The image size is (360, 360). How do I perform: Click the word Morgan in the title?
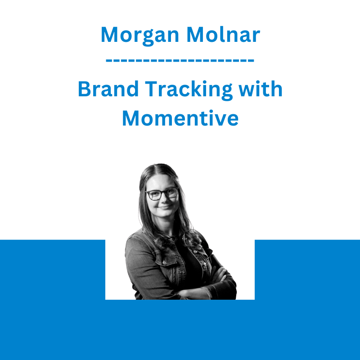(x=140, y=36)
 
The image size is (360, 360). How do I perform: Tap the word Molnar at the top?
(x=223, y=35)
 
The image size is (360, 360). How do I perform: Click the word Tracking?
(x=189, y=90)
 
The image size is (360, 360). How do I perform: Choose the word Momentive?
(x=180, y=118)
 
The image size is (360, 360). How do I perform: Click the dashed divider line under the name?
(x=180, y=61)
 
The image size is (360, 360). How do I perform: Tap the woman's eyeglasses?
(x=162, y=193)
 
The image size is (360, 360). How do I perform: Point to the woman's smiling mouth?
(x=165, y=207)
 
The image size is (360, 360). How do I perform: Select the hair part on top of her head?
(x=157, y=167)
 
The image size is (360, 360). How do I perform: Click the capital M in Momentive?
(x=130, y=118)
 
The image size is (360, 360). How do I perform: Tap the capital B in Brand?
(x=85, y=89)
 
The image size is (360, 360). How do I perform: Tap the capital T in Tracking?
(x=152, y=89)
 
